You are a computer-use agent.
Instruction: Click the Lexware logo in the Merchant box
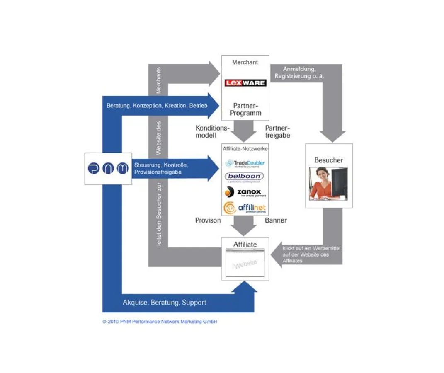click(245, 83)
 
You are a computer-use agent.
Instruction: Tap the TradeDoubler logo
click(245, 163)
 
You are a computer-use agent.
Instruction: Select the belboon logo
click(245, 177)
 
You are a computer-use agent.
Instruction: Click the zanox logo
click(245, 192)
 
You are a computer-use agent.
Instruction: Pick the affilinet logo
click(245, 207)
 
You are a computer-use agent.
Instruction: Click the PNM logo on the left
click(108, 169)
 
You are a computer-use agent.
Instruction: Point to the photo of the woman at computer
click(328, 183)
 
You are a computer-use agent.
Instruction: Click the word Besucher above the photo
click(328, 160)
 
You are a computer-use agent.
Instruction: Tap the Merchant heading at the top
click(245, 62)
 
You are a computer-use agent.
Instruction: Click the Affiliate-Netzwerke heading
click(245, 148)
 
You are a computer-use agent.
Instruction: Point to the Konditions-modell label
click(212, 132)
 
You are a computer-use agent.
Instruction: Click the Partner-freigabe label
click(277, 132)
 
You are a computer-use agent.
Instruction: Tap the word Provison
click(208, 220)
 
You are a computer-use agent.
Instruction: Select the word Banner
click(276, 220)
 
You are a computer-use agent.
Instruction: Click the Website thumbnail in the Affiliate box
click(245, 263)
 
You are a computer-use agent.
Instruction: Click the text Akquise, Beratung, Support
click(164, 303)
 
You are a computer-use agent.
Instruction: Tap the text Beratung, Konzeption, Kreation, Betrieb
click(157, 106)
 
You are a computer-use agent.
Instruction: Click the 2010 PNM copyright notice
click(160, 322)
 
